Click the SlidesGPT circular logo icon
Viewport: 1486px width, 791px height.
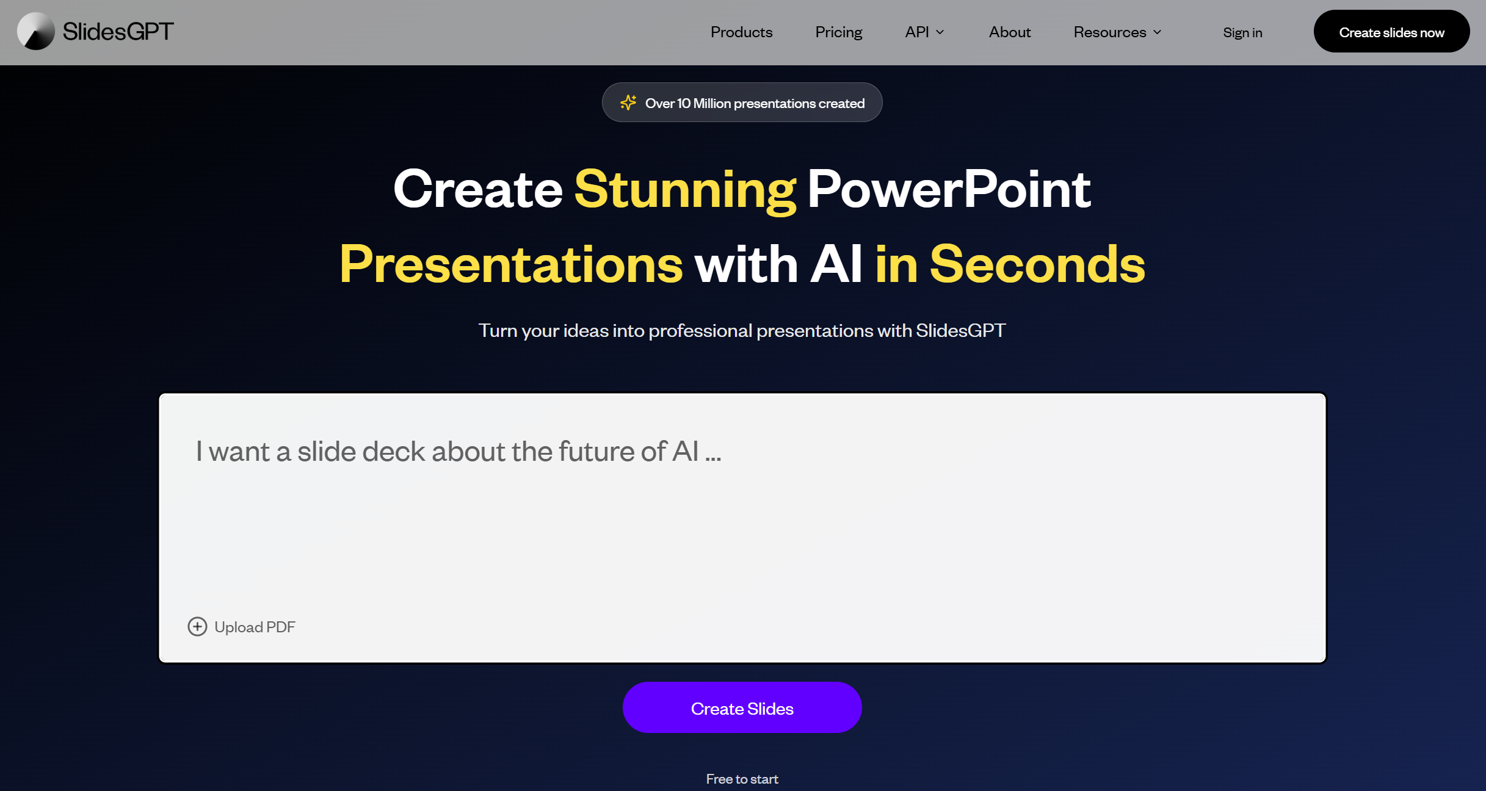coord(36,32)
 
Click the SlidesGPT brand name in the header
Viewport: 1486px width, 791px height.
coord(118,32)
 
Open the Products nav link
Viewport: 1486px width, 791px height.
coord(741,32)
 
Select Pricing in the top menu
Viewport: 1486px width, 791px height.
coord(838,32)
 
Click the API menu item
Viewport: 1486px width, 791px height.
coord(917,32)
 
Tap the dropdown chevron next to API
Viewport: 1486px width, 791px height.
coord(940,32)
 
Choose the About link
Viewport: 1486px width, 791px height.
coord(1009,32)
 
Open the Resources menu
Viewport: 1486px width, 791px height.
coord(1109,32)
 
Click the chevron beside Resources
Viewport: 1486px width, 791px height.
coord(1157,32)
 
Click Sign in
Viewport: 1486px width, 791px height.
coord(1242,33)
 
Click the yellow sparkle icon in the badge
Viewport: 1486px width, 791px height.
coord(628,103)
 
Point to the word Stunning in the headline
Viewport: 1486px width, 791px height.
coord(685,190)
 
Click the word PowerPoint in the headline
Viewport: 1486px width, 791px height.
coord(949,190)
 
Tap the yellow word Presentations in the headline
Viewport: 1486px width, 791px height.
coord(511,265)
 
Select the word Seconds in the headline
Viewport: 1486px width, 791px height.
coord(1037,265)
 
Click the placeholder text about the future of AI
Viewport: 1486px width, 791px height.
coord(458,452)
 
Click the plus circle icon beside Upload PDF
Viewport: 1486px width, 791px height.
coord(197,627)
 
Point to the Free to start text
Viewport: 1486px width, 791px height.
coord(742,779)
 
